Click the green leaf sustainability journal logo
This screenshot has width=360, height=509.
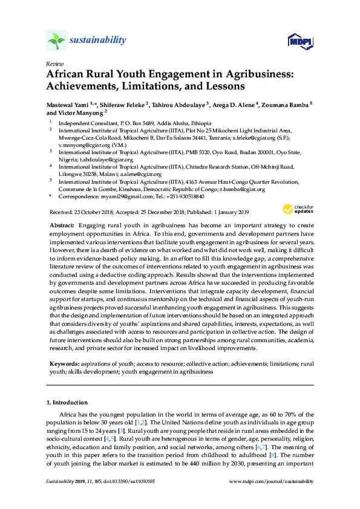56,41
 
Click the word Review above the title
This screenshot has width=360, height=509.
54,63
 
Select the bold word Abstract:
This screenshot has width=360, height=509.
61,224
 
